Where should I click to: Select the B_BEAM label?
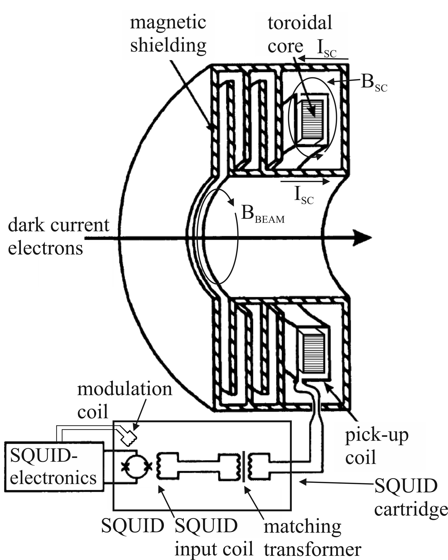click(x=263, y=215)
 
